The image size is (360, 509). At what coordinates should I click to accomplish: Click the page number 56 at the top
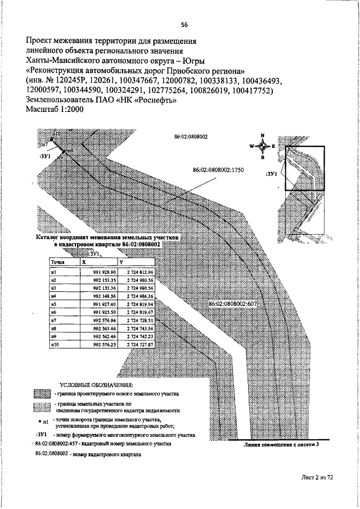coord(184,25)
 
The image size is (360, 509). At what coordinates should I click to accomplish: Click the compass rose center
coord(263,146)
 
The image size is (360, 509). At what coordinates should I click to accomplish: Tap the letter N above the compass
coord(263,136)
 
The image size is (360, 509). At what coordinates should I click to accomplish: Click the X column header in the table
coord(84,262)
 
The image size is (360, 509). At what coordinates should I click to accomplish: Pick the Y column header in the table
coord(121,262)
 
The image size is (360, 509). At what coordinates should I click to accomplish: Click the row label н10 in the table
coord(55,343)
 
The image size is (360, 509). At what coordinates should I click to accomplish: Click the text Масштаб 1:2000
coord(55,110)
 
